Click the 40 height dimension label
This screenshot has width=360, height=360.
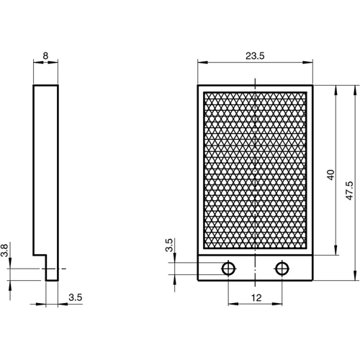pyautogui.click(x=330, y=175)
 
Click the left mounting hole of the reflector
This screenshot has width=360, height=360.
pyautogui.click(x=228, y=269)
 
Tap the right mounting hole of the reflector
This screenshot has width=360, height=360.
pyautogui.click(x=281, y=269)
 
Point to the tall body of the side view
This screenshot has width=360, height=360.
pyautogui.click(x=45, y=166)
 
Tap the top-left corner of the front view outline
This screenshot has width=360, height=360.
pyautogui.click(x=198, y=86)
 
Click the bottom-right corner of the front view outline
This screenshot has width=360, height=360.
pyautogui.click(x=315, y=279)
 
